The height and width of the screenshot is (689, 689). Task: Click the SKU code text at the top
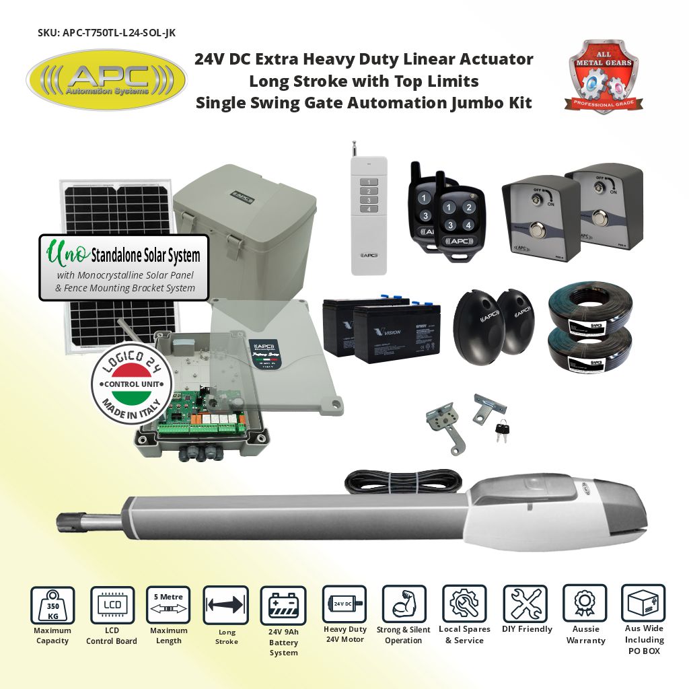(108, 32)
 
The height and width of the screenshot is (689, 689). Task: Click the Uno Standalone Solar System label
(124, 267)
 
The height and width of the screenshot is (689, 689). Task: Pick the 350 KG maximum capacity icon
(52, 604)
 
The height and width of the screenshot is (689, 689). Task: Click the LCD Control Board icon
(111, 605)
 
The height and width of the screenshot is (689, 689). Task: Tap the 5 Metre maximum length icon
(168, 605)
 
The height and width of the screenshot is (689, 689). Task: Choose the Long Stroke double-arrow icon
(225, 605)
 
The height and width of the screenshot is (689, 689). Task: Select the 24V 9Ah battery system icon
(283, 605)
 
